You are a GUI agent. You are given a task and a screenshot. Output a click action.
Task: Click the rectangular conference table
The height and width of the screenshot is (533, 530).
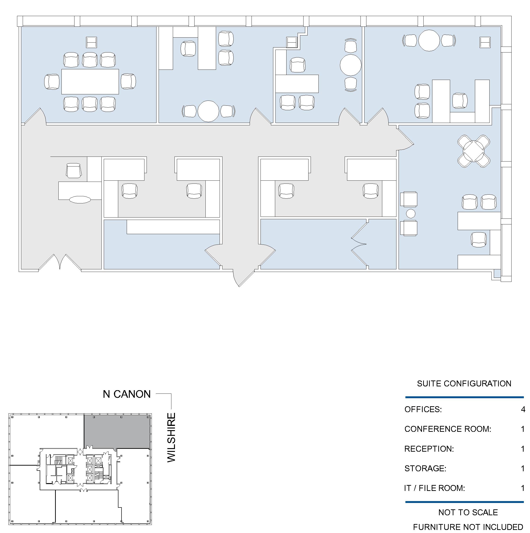90,82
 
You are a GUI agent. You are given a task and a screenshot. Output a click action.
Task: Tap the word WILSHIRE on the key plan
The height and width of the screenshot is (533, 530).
171,437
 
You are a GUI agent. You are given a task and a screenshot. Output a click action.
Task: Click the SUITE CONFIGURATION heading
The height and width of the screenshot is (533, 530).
464,384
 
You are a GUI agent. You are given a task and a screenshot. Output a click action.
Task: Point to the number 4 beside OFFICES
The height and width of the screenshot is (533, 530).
523,409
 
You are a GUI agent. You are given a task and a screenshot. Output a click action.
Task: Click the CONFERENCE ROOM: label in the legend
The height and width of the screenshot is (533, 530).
447,429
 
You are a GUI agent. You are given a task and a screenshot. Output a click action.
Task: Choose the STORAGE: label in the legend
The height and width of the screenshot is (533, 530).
425,468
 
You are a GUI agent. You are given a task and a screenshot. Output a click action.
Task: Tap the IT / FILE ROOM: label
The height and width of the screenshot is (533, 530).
434,488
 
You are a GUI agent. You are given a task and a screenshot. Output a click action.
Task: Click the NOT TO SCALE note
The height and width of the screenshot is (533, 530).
468,512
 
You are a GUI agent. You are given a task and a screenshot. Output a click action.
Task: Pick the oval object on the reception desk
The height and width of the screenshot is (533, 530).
80,200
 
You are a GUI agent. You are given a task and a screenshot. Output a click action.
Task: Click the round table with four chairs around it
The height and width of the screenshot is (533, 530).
474,151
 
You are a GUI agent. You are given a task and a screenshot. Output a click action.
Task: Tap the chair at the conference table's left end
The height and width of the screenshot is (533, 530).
52,82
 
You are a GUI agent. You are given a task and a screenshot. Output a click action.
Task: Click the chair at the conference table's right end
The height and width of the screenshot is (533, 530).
128,81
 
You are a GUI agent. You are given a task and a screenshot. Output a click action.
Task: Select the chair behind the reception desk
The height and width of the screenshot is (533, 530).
74,170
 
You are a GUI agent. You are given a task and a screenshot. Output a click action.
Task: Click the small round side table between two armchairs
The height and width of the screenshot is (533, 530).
411,214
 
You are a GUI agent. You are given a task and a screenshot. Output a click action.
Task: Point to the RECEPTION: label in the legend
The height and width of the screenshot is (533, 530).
429,449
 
